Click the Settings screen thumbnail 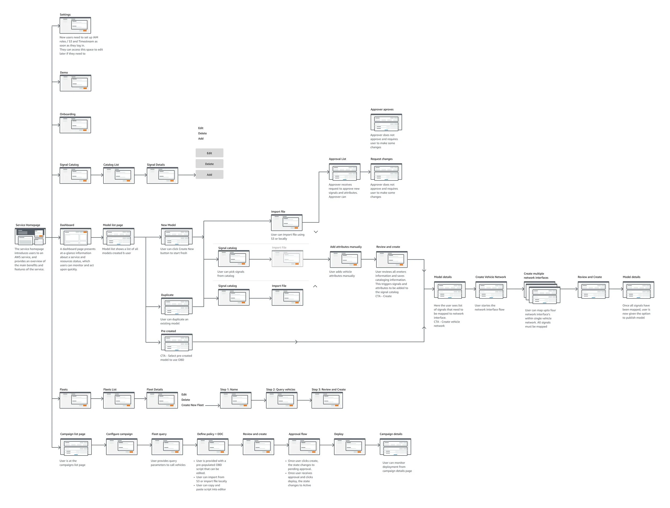pos(75,25)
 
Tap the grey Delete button pos(209,164)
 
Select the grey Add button pos(209,175)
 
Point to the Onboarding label pos(68,114)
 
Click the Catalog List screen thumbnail pos(119,175)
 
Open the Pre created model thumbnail pos(177,342)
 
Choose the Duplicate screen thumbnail pos(177,306)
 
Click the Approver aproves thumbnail pos(386,122)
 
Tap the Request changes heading pos(381,159)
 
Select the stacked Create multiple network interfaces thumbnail pos(542,293)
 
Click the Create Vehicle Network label pos(490,277)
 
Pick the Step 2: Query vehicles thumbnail pos(281,401)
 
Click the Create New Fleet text pos(192,405)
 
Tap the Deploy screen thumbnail pos(349,447)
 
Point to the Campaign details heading pos(391,434)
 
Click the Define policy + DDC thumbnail pos(212,447)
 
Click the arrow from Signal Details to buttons pos(187,175)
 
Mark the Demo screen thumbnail pos(75,83)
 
